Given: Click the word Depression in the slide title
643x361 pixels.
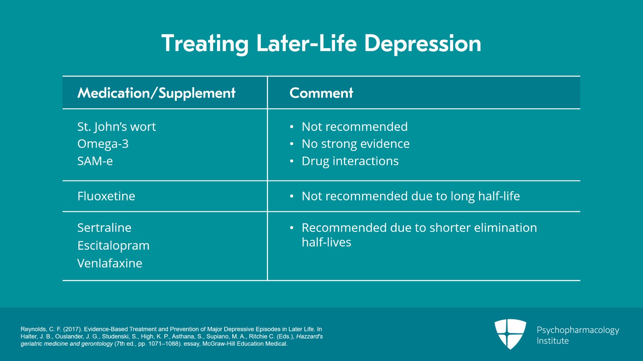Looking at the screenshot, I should pyautogui.click(x=422, y=43).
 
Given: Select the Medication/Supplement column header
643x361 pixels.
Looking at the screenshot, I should pyautogui.click(x=156, y=93).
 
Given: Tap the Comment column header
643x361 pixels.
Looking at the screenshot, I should pyautogui.click(x=321, y=93).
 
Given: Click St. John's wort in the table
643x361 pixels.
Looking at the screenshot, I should pyautogui.click(x=117, y=127).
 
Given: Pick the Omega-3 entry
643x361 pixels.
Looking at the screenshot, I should pyautogui.click(x=103, y=144).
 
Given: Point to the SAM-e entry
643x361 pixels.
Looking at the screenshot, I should pyautogui.click(x=95, y=161).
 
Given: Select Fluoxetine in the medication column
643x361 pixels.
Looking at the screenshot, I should pyautogui.click(x=106, y=196).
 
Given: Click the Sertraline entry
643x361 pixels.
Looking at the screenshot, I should pyautogui.click(x=104, y=228).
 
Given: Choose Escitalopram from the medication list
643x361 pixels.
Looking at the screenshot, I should pyautogui.click(x=113, y=245).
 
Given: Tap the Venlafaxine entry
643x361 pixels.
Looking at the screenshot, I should pyautogui.click(x=110, y=263).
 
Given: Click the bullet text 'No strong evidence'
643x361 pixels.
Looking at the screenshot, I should pyautogui.click(x=355, y=144).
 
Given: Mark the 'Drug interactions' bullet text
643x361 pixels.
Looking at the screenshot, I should pyautogui.click(x=350, y=161).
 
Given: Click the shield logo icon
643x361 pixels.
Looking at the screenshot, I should pyautogui.click(x=510, y=334).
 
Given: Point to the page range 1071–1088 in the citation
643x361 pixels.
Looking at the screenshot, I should pyautogui.click(x=164, y=344).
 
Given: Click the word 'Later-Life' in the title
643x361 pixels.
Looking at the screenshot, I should pyautogui.click(x=306, y=43).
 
